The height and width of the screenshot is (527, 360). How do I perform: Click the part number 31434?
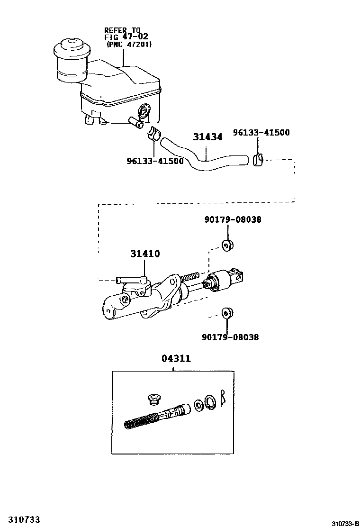tap(207, 137)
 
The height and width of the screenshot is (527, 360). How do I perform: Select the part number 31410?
tap(145, 254)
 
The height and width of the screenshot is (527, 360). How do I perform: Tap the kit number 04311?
tap(176, 359)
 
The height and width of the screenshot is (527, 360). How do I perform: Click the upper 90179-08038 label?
tap(233, 220)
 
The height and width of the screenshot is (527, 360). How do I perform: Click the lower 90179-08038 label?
tap(230, 337)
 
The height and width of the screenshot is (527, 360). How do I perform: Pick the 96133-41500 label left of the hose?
tap(155, 161)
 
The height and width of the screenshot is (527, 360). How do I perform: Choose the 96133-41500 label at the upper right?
tap(261, 133)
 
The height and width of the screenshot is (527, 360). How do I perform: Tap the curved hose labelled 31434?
tap(204, 161)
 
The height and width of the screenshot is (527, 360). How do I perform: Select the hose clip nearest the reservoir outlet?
tap(153, 134)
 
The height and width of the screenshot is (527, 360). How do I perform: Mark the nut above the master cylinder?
tap(228, 245)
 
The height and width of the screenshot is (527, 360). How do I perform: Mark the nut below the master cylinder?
tap(228, 312)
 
